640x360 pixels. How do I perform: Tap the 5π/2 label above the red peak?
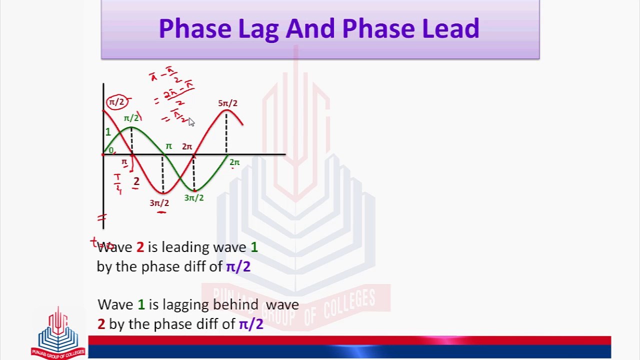point(227,103)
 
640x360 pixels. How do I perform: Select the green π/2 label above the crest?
point(131,118)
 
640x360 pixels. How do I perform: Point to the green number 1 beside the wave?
point(107,132)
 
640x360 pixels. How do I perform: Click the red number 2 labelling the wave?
point(136,182)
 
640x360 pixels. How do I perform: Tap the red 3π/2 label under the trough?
point(159,203)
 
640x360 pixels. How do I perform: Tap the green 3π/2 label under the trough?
point(194,198)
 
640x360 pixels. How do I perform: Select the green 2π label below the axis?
point(234,162)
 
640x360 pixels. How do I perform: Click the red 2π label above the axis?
point(187,146)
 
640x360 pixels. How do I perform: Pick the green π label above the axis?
point(169,146)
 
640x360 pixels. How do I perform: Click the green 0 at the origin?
point(111,150)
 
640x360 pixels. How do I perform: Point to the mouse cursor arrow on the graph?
point(191,122)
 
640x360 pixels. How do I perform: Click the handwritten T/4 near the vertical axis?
point(117,183)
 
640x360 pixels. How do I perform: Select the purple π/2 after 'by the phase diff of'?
point(238,266)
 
